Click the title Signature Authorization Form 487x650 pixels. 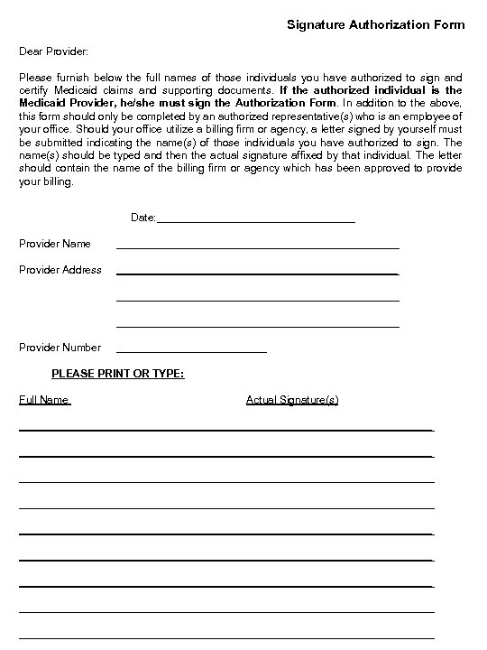[376, 24]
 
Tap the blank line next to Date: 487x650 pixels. [256, 220]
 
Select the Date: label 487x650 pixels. [144, 218]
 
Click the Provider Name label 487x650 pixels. [55, 244]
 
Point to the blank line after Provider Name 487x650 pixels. [258, 246]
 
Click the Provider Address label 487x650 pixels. [60, 269]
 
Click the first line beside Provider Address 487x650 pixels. [258, 273]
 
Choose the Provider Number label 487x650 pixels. [60, 348]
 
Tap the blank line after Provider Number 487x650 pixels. [192, 350]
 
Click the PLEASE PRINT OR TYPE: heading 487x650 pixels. [118, 372]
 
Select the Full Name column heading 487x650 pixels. [44, 399]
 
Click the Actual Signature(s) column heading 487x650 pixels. [292, 399]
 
